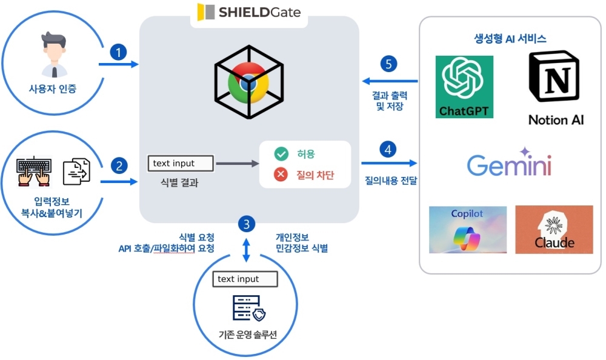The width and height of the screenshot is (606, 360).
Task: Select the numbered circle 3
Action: (x=245, y=224)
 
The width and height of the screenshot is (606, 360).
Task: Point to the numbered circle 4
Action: (x=388, y=148)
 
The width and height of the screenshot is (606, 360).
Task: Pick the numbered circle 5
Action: (x=388, y=64)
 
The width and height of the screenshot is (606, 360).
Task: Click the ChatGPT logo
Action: (x=465, y=87)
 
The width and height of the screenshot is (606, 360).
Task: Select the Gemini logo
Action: (x=509, y=162)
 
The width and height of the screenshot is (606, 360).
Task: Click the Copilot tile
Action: (x=467, y=230)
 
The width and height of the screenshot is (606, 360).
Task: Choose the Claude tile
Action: (x=554, y=230)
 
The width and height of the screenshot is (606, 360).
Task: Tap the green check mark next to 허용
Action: (x=281, y=154)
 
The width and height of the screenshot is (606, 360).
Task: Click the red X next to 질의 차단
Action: (x=281, y=175)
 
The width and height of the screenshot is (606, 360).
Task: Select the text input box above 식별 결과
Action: (x=181, y=163)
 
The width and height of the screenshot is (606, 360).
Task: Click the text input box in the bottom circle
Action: (x=245, y=279)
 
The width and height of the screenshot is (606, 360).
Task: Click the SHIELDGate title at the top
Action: (x=250, y=12)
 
